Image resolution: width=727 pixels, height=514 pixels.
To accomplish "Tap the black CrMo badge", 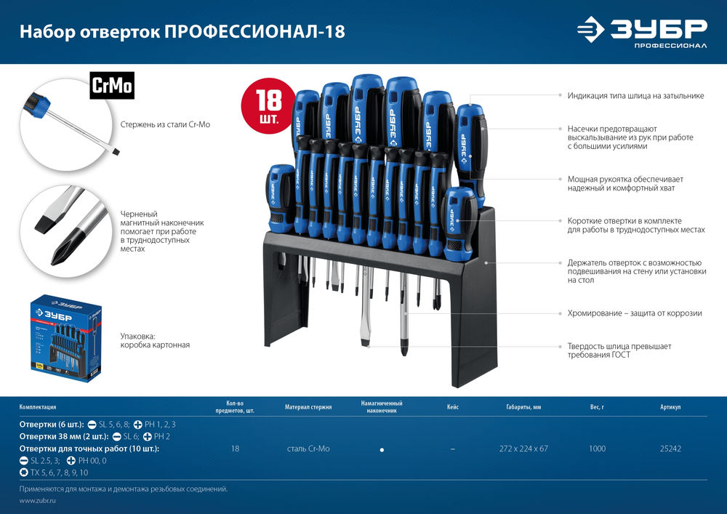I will tap(111, 86).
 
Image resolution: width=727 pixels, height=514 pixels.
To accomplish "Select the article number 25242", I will tap(670, 449).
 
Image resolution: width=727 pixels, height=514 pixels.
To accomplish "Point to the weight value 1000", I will tap(597, 449).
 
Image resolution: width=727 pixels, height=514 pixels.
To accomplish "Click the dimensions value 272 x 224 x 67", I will tap(523, 449).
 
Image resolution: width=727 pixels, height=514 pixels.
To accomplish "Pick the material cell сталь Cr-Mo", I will tap(308, 449).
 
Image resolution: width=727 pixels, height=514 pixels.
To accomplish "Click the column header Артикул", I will tap(670, 407).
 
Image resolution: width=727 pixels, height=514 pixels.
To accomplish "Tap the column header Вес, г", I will tap(597, 407).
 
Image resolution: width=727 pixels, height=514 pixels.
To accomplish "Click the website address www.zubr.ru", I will tap(39, 501).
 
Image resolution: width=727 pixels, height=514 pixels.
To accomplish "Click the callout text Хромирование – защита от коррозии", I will tap(634, 313).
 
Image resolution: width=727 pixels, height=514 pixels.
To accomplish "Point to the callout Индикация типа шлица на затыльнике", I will tap(635, 95).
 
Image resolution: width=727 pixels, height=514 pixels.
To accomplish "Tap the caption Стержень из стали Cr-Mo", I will tap(165, 125).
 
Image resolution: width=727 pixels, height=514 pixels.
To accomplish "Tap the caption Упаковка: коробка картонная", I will tap(155, 340).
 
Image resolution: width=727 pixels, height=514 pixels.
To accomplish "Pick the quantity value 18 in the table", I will tap(235, 449).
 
